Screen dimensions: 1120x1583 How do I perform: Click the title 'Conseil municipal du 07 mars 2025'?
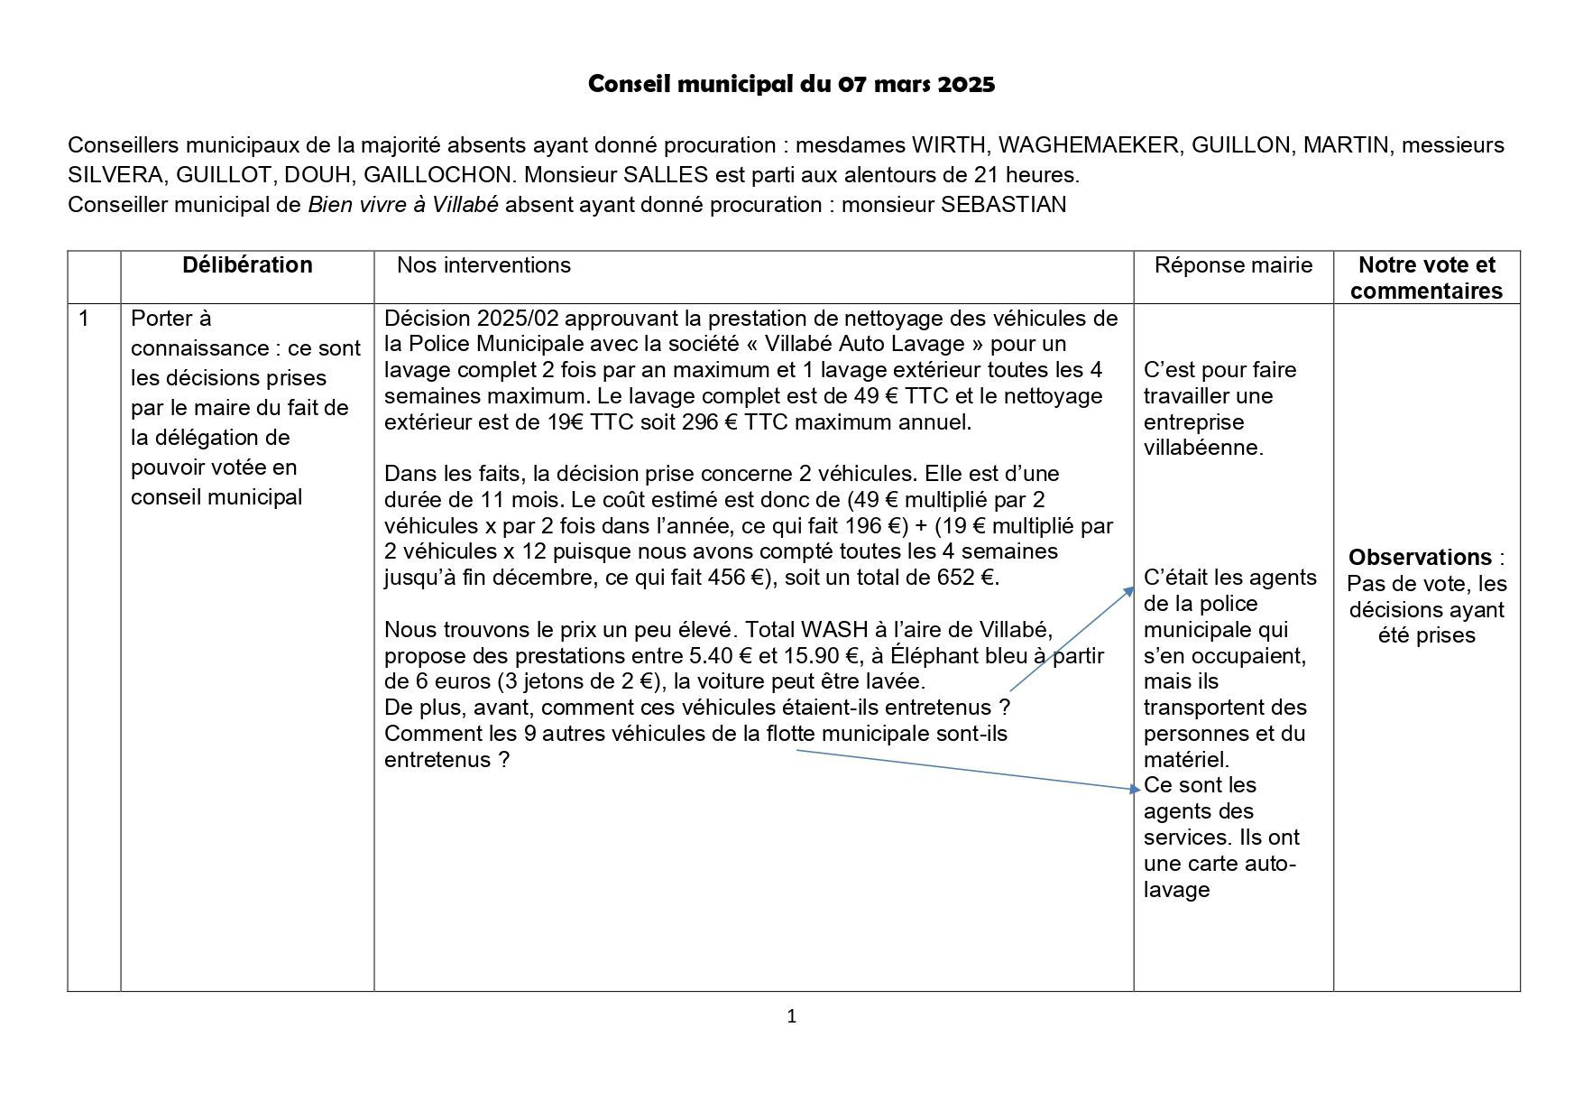point(791,85)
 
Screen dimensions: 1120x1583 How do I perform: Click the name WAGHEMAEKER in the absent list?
point(1088,145)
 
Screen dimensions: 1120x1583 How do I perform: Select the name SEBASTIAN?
point(1003,205)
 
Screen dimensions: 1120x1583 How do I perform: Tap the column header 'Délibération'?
point(247,265)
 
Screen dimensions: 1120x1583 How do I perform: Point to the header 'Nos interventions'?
point(483,265)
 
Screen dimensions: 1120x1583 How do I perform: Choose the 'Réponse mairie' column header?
point(1233,265)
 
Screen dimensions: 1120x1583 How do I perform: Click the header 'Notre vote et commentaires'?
point(1426,278)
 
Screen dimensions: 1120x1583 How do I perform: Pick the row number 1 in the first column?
point(85,319)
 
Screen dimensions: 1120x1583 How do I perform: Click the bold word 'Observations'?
point(1420,557)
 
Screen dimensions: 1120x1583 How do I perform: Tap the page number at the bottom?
point(792,1017)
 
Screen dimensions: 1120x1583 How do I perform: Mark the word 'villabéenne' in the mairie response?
point(1201,448)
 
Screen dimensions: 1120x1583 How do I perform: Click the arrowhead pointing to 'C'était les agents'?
point(1128,591)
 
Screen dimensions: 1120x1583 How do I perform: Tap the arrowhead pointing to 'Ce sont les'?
point(1135,789)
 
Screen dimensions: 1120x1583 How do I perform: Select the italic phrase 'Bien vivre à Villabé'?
point(402,205)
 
